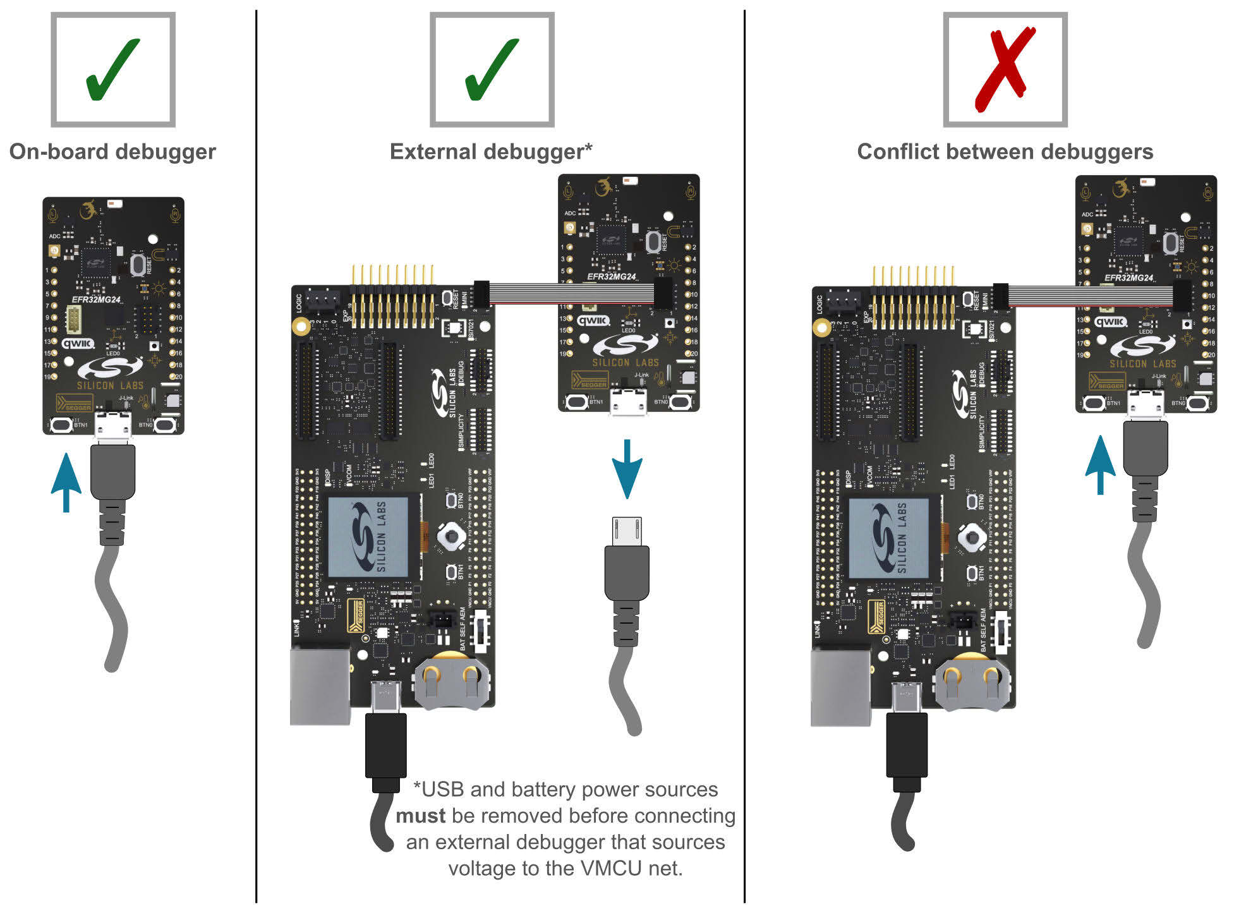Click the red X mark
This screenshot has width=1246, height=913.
click(x=1005, y=70)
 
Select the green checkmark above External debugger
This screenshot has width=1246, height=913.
click(x=492, y=70)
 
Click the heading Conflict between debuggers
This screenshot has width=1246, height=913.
click(x=1005, y=152)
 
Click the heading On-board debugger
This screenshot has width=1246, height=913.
click(x=112, y=152)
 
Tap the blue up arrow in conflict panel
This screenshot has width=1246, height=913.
click(x=1100, y=464)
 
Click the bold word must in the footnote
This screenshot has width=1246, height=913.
click(x=420, y=816)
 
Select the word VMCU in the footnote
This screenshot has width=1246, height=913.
click(x=611, y=868)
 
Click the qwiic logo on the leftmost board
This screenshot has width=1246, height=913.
click(x=78, y=343)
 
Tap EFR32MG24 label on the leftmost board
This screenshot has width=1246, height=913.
click(x=96, y=299)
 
